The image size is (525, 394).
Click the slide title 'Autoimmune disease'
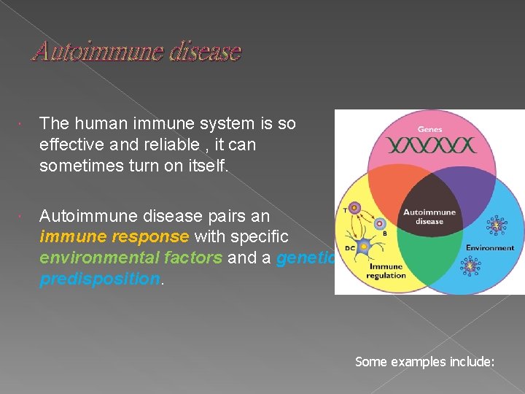click(136, 52)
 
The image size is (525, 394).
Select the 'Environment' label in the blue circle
click(490, 247)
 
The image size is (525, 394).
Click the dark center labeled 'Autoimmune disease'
click(429, 217)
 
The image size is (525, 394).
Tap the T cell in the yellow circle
click(355, 209)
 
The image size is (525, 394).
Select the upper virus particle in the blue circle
click(497, 225)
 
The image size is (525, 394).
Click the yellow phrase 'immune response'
click(114, 237)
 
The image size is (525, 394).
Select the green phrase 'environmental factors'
click(131, 258)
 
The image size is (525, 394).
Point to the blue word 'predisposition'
click(99, 279)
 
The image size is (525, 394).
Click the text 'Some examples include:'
click(424, 361)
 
